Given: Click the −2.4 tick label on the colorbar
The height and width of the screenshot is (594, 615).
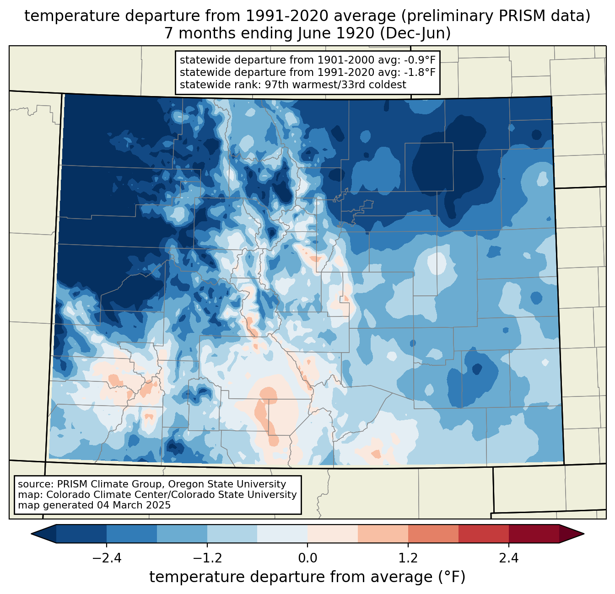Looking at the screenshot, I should (x=107, y=558).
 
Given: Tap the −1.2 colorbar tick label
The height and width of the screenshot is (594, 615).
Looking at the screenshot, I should (x=207, y=558).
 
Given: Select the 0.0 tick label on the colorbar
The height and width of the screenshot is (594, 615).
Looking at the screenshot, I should (x=307, y=558).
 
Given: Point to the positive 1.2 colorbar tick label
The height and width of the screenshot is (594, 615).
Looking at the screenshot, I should (x=408, y=558).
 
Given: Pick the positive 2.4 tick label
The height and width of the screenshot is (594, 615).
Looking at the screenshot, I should (x=508, y=558).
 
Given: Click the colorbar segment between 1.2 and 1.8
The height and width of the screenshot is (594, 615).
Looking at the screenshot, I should (x=433, y=534).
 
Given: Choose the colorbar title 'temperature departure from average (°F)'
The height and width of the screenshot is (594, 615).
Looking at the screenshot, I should (x=307, y=577).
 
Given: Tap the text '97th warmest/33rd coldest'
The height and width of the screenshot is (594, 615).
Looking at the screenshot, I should (x=335, y=85).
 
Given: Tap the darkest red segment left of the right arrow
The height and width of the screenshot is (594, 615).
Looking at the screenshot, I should (x=534, y=534).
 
